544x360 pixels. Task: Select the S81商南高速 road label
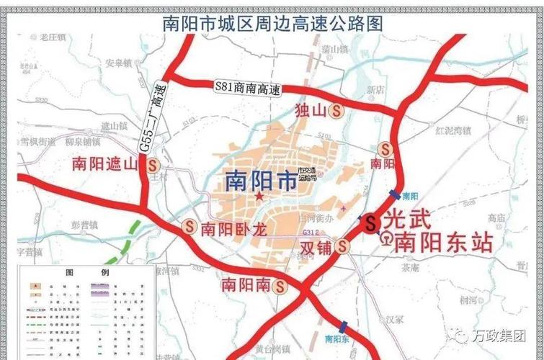[x=247, y=89]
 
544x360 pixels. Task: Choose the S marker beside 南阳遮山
[x=152, y=164]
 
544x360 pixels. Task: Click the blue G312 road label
[x=311, y=233]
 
